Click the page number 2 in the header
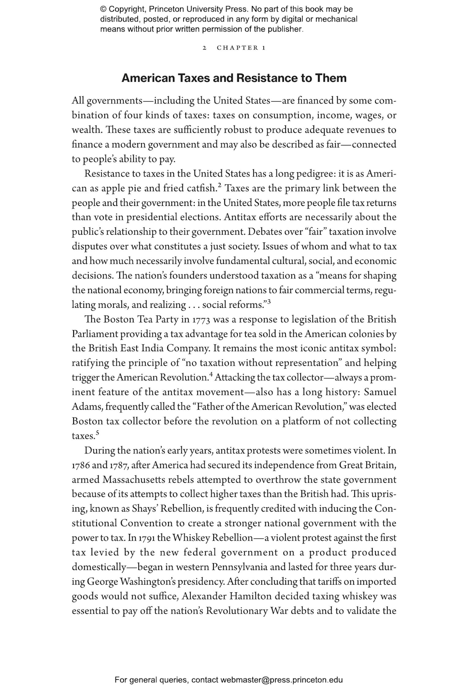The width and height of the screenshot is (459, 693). click(x=205, y=48)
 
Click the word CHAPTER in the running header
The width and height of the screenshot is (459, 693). click(x=237, y=48)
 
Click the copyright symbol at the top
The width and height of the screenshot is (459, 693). click(x=103, y=9)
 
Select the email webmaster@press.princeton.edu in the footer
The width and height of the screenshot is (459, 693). click(x=281, y=680)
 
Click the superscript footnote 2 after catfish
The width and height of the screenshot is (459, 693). click(x=220, y=185)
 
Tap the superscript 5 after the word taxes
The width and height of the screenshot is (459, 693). click(x=98, y=432)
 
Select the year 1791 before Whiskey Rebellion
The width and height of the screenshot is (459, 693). click(x=147, y=538)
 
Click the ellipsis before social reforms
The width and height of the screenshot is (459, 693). click(x=194, y=305)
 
